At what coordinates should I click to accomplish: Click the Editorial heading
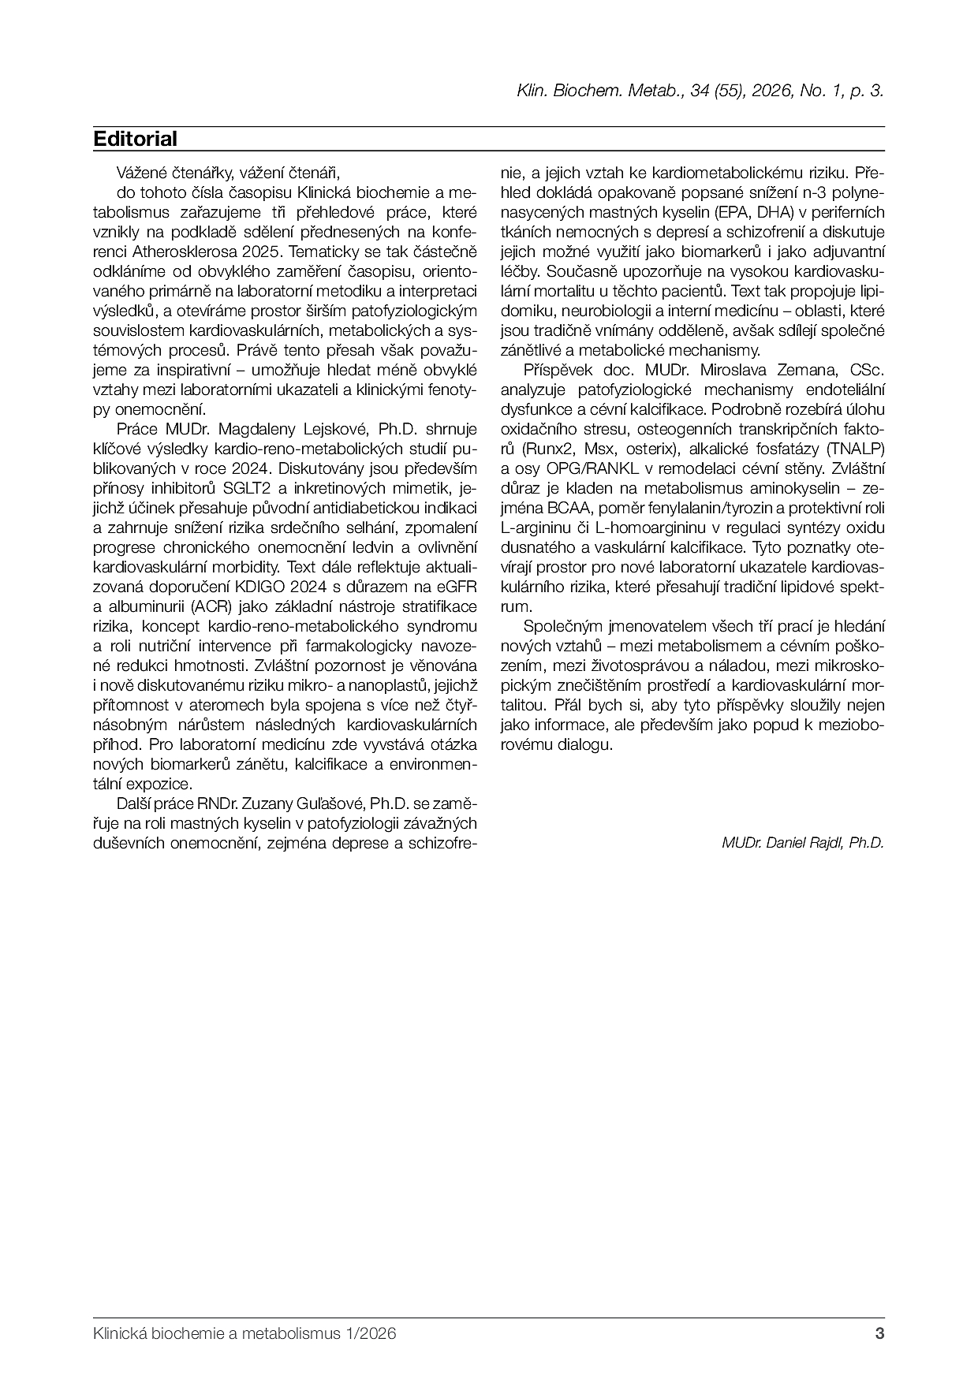(135, 139)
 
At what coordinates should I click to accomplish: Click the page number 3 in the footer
(879, 1334)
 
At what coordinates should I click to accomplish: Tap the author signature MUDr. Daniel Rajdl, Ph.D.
(802, 842)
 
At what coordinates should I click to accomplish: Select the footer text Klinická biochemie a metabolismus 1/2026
(244, 1334)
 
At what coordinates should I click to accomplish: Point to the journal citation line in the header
(700, 91)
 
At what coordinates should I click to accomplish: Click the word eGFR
(455, 587)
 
